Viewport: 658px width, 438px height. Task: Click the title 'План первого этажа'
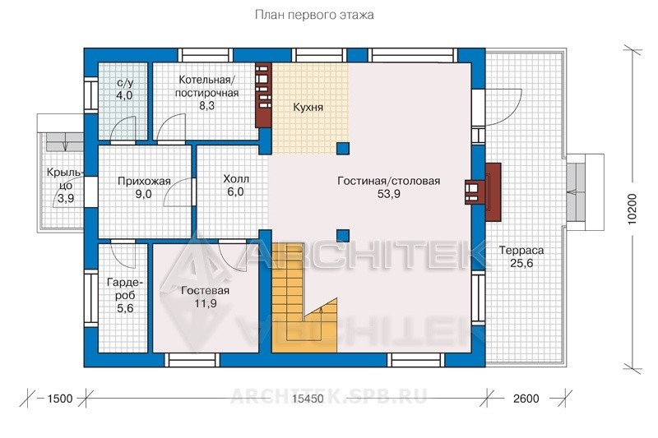pos(314,16)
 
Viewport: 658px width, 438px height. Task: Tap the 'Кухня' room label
pos(308,108)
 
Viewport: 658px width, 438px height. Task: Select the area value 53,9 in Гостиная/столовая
pos(388,194)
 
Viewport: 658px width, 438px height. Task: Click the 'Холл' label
pos(236,179)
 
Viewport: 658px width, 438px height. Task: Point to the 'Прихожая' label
pos(144,181)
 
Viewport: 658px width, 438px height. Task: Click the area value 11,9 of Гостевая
pos(206,303)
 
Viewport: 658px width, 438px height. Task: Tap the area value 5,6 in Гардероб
pos(125,308)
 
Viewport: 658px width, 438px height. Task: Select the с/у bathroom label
pos(125,83)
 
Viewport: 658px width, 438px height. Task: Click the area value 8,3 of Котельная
pos(206,106)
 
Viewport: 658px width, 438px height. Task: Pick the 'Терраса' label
pos(521,250)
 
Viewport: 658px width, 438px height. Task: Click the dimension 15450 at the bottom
pos(308,399)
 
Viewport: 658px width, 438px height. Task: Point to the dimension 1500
pos(60,399)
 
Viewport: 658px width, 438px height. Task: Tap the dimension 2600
pos(526,399)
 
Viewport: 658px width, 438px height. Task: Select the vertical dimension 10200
pos(633,209)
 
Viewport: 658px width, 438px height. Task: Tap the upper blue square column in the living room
pos(343,149)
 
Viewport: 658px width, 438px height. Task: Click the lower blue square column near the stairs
pos(343,236)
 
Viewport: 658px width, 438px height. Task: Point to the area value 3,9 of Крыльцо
pos(66,198)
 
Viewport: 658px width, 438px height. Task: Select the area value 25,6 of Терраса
pos(521,263)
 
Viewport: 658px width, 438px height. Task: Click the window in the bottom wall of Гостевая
pos(192,360)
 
